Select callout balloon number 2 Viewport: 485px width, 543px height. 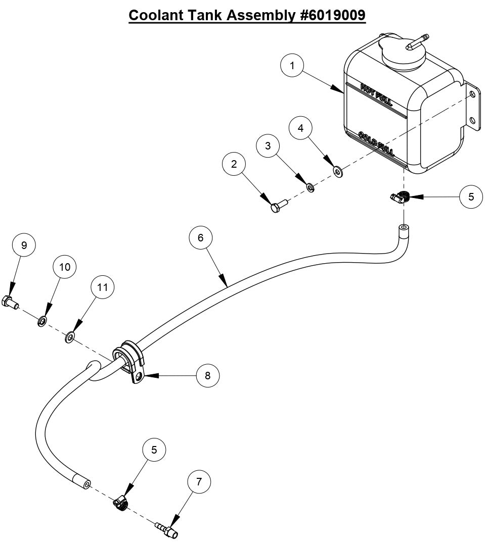[234, 164]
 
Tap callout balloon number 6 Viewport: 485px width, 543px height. [200, 236]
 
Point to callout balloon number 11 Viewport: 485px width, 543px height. [103, 287]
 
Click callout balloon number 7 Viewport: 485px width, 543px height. [199, 482]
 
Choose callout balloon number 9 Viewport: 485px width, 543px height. [24, 245]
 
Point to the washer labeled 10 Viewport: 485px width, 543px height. [41, 320]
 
